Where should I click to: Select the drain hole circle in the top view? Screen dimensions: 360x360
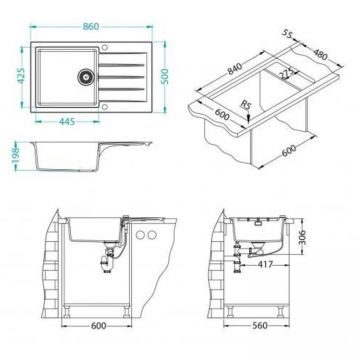coord(85,72)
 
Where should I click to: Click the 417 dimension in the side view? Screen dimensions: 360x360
coord(264,265)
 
